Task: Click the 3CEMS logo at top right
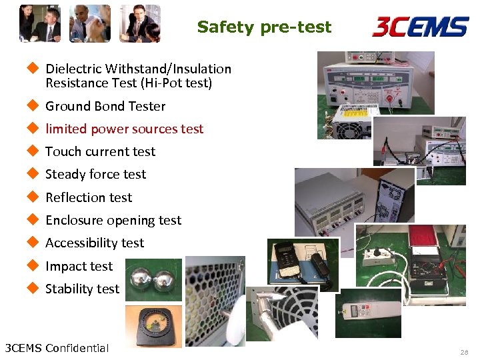pyautogui.click(x=419, y=27)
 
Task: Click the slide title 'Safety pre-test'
pyautogui.click(x=264, y=27)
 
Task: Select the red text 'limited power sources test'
pyautogui.click(x=124, y=129)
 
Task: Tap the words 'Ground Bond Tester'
pyautogui.click(x=105, y=106)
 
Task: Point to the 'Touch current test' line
pyautogui.click(x=100, y=151)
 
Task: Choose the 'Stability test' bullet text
pyautogui.click(x=82, y=289)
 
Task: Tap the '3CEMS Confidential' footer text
pyautogui.click(x=57, y=347)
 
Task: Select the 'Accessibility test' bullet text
pyautogui.click(x=95, y=243)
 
